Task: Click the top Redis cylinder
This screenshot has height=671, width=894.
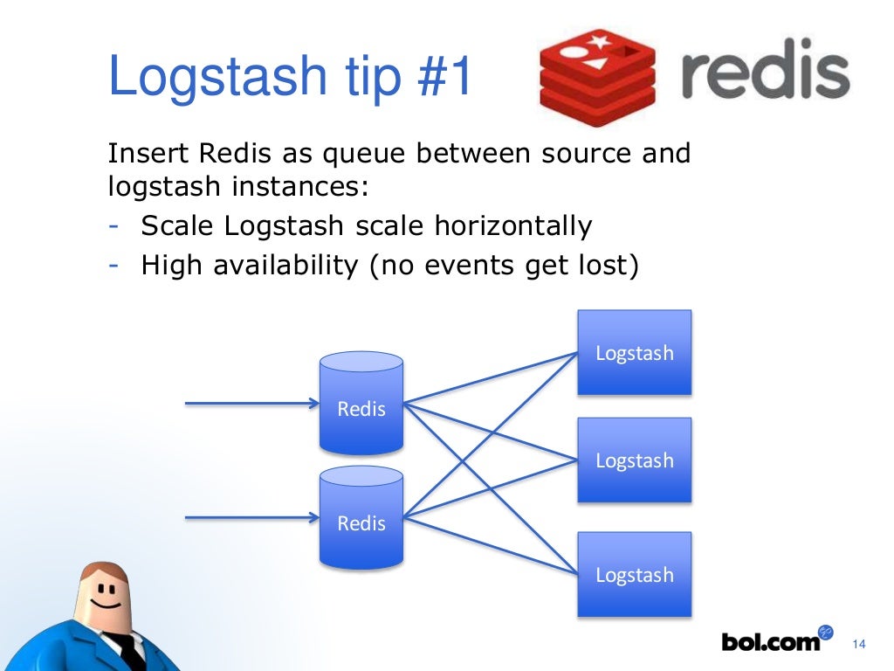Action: click(x=361, y=403)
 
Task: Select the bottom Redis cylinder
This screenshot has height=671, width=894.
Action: click(x=361, y=517)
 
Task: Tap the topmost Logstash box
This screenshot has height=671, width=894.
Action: click(x=635, y=352)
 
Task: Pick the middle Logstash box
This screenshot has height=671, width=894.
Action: click(x=635, y=460)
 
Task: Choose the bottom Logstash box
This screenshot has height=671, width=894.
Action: click(x=635, y=574)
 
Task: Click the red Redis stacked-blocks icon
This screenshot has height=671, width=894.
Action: click(x=597, y=75)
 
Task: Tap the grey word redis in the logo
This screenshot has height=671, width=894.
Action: click(x=763, y=75)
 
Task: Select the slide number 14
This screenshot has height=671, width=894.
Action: click(x=857, y=645)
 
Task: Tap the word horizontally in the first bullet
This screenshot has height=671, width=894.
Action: click(x=514, y=226)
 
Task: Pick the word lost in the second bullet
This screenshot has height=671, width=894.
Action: click(x=605, y=264)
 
